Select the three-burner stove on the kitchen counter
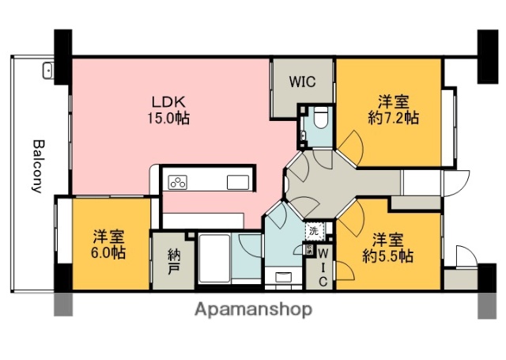[178, 183]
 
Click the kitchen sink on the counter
[238, 183]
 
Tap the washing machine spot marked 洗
[314, 233]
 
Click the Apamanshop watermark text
[253, 309]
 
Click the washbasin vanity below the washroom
[281, 275]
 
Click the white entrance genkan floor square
[420, 182]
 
